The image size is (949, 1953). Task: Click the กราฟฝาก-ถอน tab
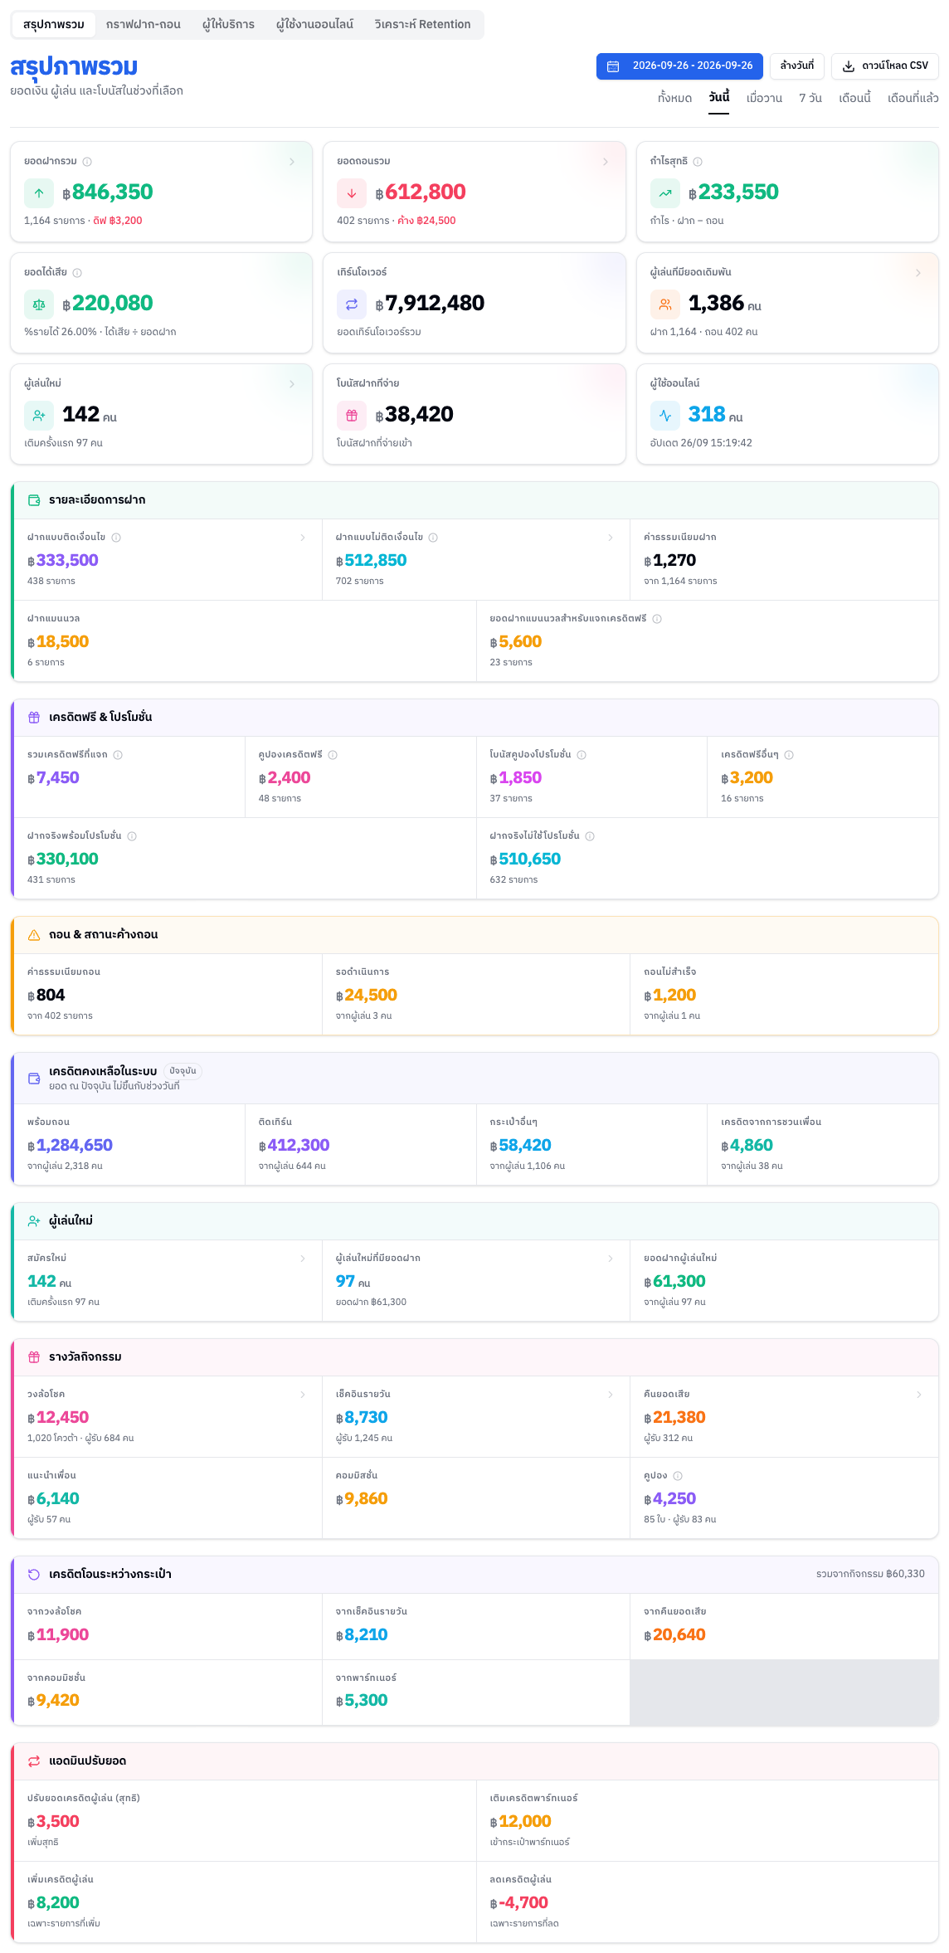(144, 25)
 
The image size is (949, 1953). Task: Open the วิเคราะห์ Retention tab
(422, 25)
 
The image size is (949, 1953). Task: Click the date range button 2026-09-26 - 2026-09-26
(679, 66)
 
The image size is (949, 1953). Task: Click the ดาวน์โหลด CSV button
(885, 66)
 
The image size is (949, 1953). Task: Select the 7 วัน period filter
(810, 98)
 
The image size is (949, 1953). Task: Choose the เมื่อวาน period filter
(764, 98)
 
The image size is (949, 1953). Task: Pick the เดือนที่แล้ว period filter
(913, 98)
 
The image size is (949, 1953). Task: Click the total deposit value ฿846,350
(108, 192)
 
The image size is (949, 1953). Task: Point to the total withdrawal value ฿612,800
(421, 192)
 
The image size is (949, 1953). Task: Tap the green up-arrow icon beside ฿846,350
(39, 193)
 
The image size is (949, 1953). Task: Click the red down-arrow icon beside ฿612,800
(352, 193)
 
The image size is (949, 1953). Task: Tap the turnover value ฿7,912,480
(430, 304)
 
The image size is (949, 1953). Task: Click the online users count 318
(707, 414)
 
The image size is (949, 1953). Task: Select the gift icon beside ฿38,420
(352, 416)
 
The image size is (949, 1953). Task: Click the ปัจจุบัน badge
(182, 1071)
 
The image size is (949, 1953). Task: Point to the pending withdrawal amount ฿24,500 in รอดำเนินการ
(367, 995)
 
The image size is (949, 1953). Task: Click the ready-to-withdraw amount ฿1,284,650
(70, 1145)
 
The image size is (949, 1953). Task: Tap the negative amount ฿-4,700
(519, 1902)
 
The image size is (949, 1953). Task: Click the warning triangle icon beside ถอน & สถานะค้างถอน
(34, 935)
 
